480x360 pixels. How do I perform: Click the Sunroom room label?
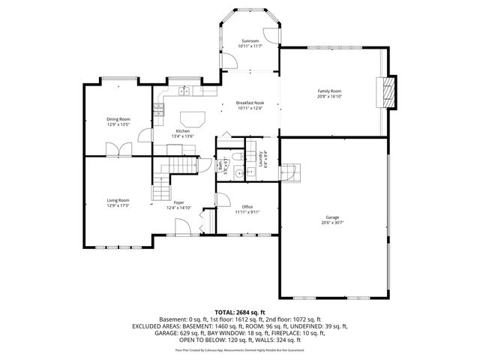pyautogui.click(x=248, y=40)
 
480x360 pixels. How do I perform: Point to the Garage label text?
pyautogui.click(x=332, y=217)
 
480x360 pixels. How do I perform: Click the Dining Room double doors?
pyautogui.click(x=118, y=150)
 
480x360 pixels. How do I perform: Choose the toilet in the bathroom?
pyautogui.click(x=236, y=156)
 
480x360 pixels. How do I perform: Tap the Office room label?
pyautogui.click(x=247, y=206)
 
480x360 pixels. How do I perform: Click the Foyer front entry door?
pyautogui.click(x=183, y=226)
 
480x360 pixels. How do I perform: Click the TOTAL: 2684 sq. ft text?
pyautogui.click(x=240, y=312)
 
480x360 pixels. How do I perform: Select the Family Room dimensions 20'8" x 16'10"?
pyautogui.click(x=329, y=96)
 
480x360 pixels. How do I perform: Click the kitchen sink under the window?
pyautogui.click(x=185, y=91)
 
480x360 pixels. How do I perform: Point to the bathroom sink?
pyautogui.click(x=238, y=173)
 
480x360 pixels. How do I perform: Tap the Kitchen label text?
pyautogui.click(x=182, y=130)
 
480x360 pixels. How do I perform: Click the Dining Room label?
pyautogui.click(x=118, y=119)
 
